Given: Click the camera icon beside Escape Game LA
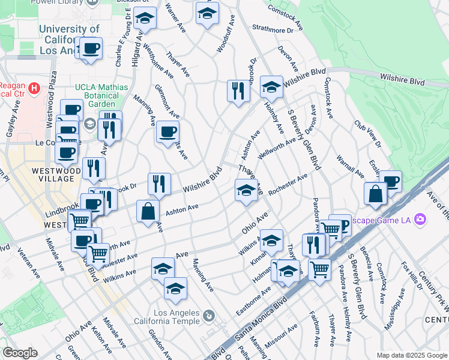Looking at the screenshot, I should (421, 219).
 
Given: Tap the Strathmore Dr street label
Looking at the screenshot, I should (273, 28).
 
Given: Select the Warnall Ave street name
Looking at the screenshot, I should (349, 168).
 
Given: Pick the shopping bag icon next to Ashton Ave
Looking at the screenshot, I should (148, 211).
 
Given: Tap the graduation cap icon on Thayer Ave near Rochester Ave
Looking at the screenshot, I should (246, 191).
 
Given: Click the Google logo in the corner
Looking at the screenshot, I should (20, 353).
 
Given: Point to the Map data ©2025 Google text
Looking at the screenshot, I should (412, 355).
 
